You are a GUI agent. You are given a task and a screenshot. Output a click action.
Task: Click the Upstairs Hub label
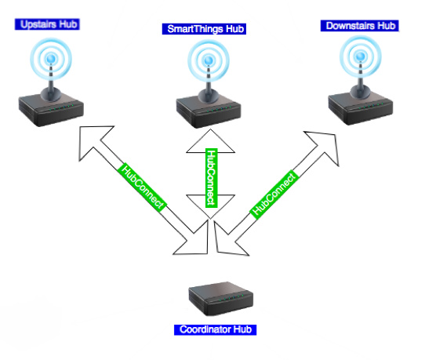click(x=47, y=24)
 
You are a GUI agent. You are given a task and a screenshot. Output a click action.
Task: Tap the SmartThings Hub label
click(x=204, y=29)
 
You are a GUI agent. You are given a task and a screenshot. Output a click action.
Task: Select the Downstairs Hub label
click(x=359, y=26)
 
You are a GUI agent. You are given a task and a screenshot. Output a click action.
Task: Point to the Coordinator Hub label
click(x=215, y=329)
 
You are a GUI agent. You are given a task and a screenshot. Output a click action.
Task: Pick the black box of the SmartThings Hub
click(x=209, y=111)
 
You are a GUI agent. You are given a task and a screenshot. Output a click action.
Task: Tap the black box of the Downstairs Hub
click(x=361, y=108)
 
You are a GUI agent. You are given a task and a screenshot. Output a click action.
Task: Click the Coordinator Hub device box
click(x=221, y=299)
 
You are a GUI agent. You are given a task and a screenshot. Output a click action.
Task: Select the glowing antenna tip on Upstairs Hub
click(x=51, y=59)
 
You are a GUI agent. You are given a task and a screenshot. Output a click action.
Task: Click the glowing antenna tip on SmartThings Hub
click(x=209, y=60)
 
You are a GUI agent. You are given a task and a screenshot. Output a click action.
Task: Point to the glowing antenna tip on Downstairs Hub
click(x=361, y=56)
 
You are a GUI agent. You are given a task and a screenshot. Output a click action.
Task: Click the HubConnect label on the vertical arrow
click(x=211, y=178)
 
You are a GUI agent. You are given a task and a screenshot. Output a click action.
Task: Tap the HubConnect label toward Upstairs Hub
click(x=142, y=187)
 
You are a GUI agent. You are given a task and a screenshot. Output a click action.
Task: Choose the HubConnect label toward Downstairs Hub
click(x=274, y=194)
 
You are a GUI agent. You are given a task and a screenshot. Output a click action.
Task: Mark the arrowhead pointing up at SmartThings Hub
click(x=210, y=142)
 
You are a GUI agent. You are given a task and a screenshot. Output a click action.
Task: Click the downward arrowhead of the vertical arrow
click(x=210, y=205)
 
